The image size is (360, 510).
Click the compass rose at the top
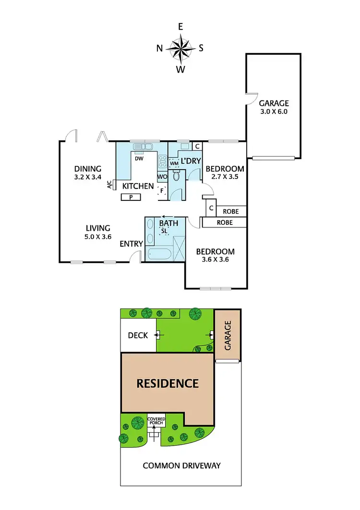(x=180, y=48)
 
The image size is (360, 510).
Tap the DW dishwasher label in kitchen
(x=140, y=158)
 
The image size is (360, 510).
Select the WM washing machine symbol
(x=174, y=163)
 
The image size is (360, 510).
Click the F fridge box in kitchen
(x=162, y=190)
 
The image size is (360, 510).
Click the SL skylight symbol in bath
(x=164, y=231)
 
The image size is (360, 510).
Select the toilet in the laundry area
(x=176, y=176)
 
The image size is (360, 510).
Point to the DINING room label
(x=88, y=169)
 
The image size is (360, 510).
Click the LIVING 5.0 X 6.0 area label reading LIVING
(x=98, y=228)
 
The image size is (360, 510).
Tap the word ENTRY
(x=131, y=244)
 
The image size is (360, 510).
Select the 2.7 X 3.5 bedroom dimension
(x=225, y=177)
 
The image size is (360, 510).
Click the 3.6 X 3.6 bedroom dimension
(x=215, y=260)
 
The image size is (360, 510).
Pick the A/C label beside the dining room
(x=109, y=184)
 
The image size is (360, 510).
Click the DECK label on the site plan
(x=138, y=336)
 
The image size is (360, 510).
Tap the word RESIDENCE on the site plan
(x=168, y=383)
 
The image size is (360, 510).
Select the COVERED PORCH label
(x=156, y=422)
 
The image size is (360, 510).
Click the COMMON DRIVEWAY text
(x=181, y=465)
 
